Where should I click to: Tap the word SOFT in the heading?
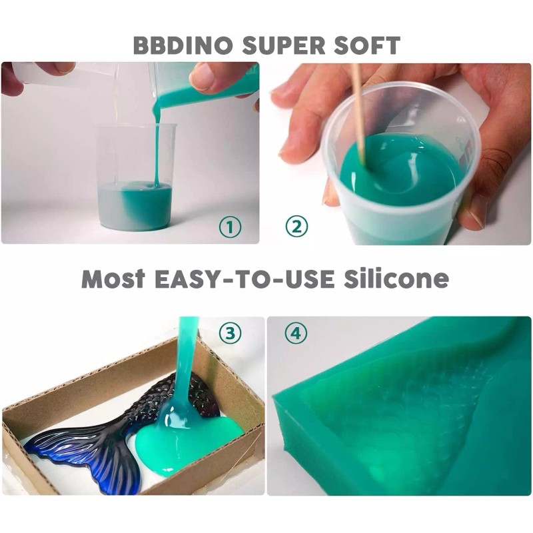366,45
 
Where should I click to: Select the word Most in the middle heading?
113,279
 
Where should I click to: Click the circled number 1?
230,227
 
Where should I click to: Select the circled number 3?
231,334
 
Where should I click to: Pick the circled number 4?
296,334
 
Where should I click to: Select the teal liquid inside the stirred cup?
400,170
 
